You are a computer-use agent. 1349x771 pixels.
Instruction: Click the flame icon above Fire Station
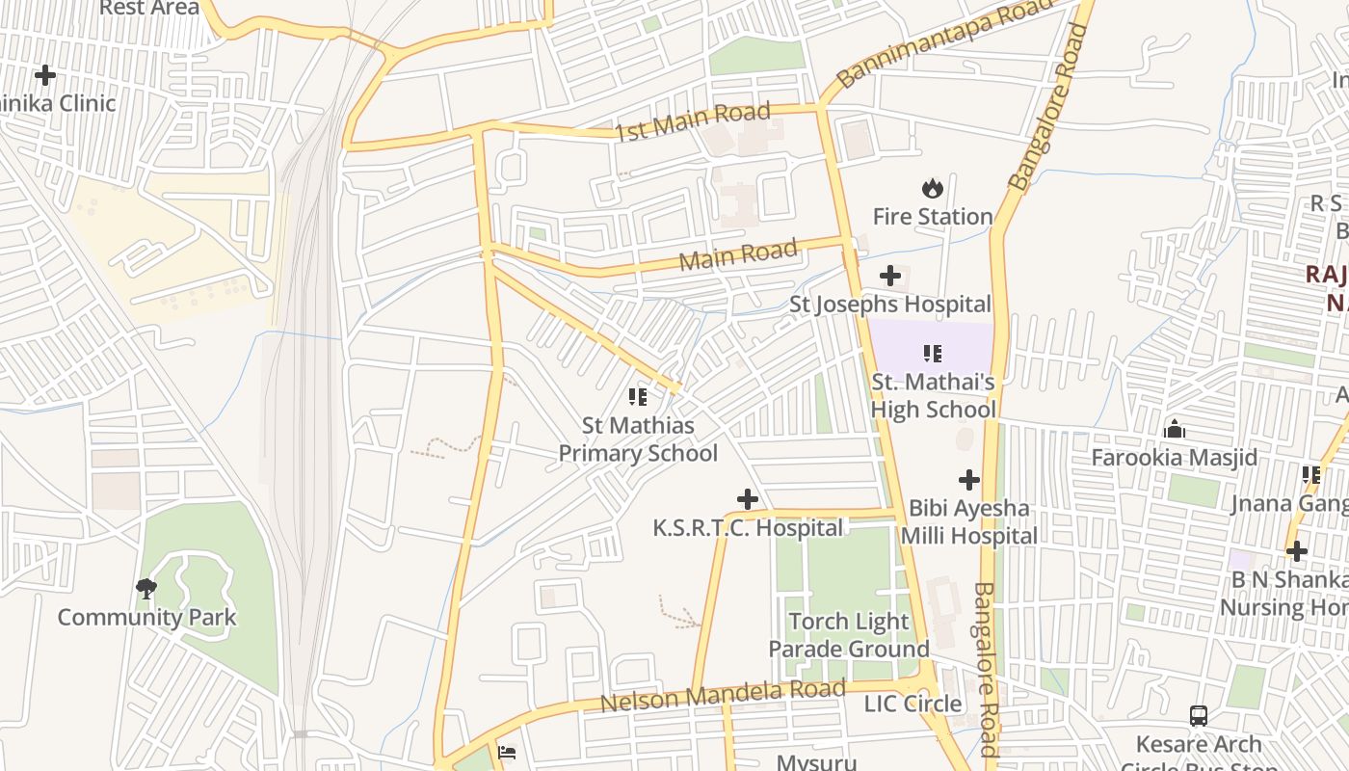pyautogui.click(x=932, y=188)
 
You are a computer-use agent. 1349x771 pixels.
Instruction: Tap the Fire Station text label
pyautogui.click(x=932, y=217)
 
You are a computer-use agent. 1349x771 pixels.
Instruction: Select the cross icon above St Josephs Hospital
pyautogui.click(x=890, y=277)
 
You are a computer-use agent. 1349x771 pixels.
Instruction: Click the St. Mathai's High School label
pyautogui.click(x=933, y=396)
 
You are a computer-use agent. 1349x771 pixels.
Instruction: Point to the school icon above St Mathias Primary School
pyautogui.click(x=637, y=396)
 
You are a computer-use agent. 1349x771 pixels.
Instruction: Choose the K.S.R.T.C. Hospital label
pyautogui.click(x=748, y=528)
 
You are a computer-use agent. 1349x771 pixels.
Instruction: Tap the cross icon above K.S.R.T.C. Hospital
pyautogui.click(x=747, y=499)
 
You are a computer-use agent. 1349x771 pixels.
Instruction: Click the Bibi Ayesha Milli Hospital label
pyautogui.click(x=969, y=522)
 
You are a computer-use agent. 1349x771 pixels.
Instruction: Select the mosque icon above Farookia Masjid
pyautogui.click(x=1174, y=429)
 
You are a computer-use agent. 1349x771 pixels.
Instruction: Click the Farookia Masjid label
pyautogui.click(x=1174, y=458)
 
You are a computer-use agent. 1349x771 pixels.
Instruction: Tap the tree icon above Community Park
pyautogui.click(x=146, y=588)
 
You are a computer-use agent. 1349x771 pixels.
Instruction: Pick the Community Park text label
pyautogui.click(x=146, y=618)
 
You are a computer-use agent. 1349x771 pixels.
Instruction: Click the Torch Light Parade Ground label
pyautogui.click(x=848, y=635)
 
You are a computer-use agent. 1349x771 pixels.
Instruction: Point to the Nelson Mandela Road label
pyautogui.click(x=723, y=695)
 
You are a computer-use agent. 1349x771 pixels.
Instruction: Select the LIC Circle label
pyautogui.click(x=913, y=704)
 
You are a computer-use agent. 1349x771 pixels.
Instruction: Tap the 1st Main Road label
pyautogui.click(x=693, y=121)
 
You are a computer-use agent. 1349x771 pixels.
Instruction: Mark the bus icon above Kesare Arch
pyautogui.click(x=1199, y=716)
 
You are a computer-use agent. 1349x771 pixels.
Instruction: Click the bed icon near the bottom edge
pyautogui.click(x=507, y=752)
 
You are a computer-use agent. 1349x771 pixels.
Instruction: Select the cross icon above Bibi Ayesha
pyautogui.click(x=969, y=480)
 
